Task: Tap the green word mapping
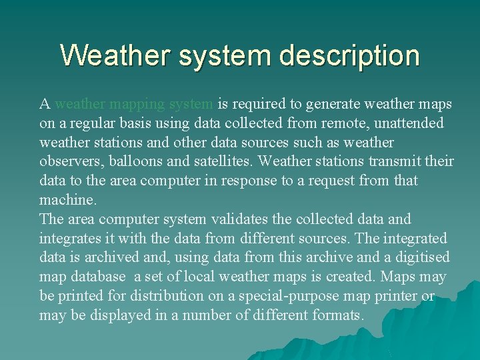tap(137, 104)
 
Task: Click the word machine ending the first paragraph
tap(67, 200)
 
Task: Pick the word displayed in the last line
tap(120, 315)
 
